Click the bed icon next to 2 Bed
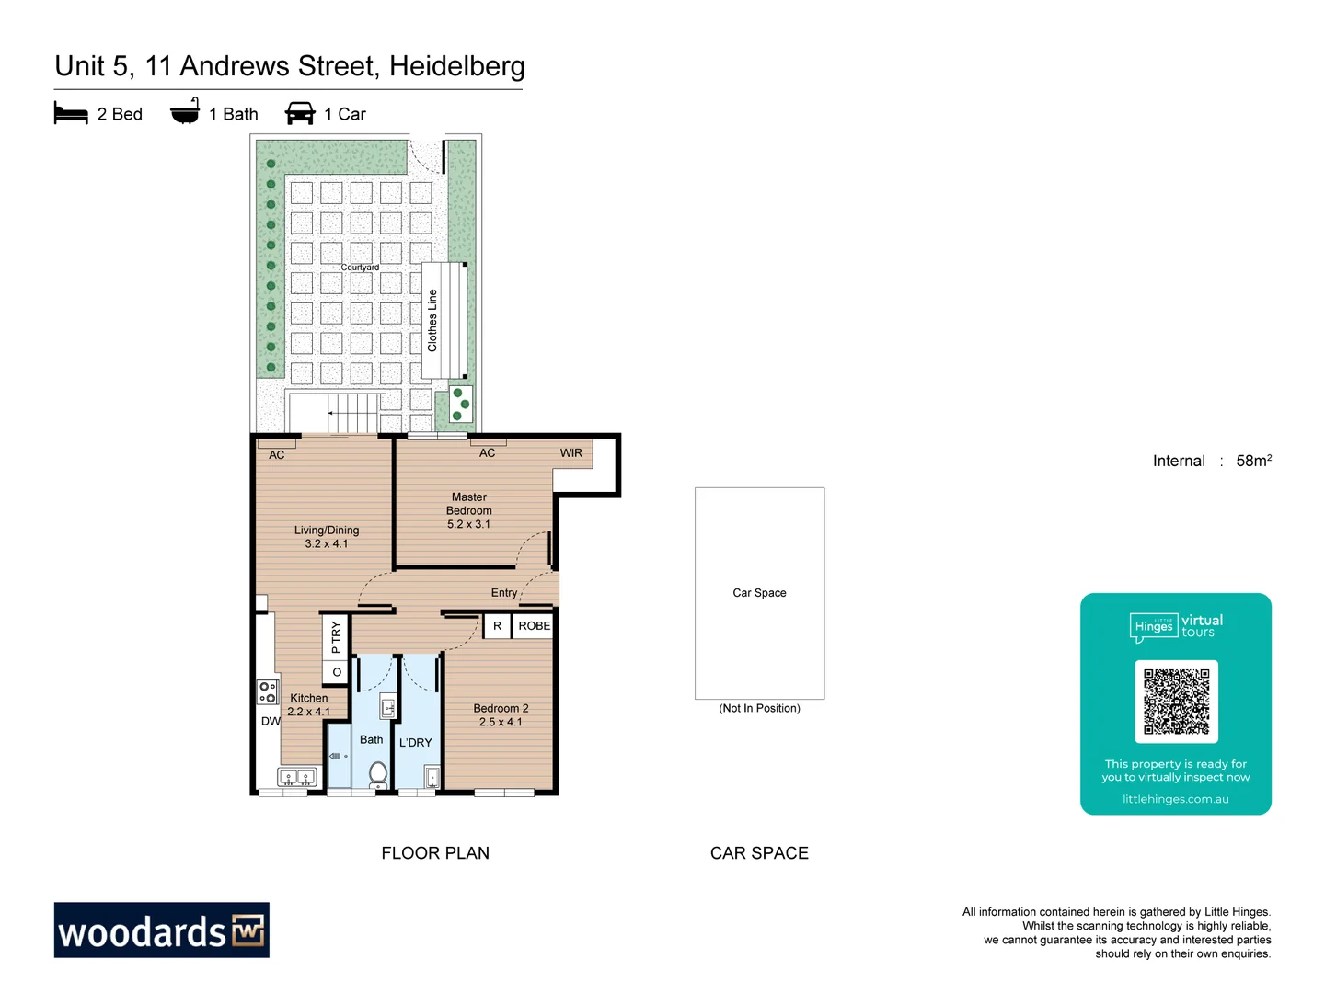[x=71, y=114]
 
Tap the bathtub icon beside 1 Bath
[x=185, y=112]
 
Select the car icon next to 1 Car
[x=300, y=114]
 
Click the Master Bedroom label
[x=469, y=510]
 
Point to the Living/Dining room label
[x=327, y=536]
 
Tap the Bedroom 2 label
[x=501, y=714]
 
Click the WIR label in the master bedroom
[x=570, y=452]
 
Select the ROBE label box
[x=534, y=625]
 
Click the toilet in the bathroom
[x=378, y=773]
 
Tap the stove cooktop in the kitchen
[x=267, y=692]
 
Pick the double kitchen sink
[x=296, y=778]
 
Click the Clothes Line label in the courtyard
[x=432, y=320]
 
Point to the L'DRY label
[x=415, y=742]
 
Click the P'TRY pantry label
[x=336, y=636]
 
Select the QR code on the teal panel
[x=1176, y=701]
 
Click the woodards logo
[x=161, y=930]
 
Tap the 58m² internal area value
[x=1253, y=461]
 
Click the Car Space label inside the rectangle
[x=759, y=593]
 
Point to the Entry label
[x=503, y=593]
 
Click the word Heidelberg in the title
[x=456, y=66]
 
